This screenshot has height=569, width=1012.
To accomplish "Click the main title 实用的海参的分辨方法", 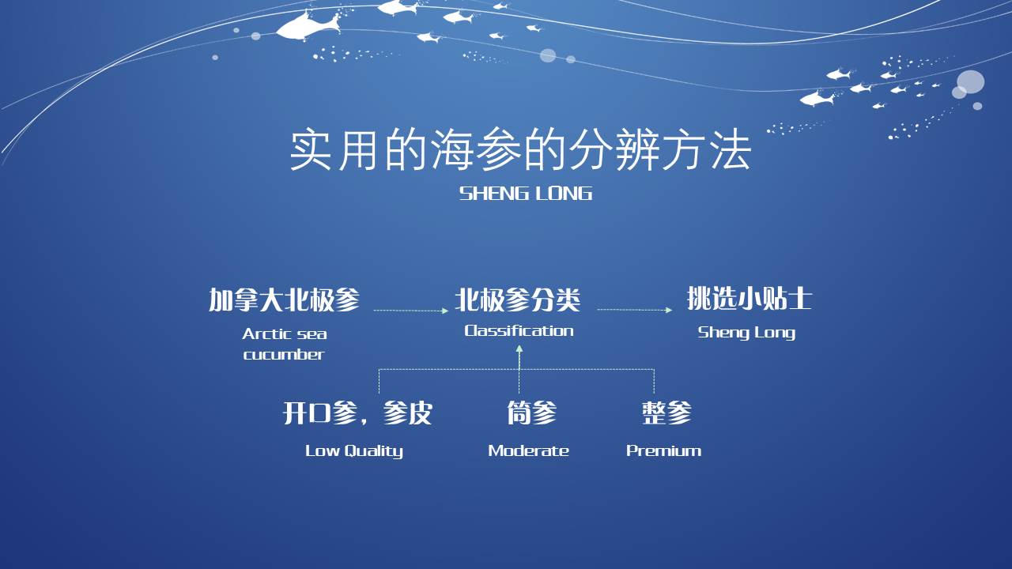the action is [x=520, y=149].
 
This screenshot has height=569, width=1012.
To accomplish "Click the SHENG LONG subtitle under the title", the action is [x=526, y=194].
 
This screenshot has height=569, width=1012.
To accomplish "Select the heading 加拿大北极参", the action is [x=284, y=300].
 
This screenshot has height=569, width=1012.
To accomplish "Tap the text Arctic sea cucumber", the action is [x=284, y=344].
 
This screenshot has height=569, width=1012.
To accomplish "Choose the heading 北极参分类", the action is [x=517, y=300].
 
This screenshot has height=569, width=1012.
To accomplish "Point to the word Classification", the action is [x=519, y=331].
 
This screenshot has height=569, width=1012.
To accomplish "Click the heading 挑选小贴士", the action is [x=750, y=299].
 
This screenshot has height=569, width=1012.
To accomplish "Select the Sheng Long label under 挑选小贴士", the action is [x=746, y=333].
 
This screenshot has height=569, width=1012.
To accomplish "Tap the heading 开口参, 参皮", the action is [x=357, y=413].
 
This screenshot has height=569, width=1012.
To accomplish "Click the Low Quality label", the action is [x=354, y=451].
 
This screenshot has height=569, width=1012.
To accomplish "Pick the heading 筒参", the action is [x=532, y=413].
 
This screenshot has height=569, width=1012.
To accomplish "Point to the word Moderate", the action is [x=529, y=450].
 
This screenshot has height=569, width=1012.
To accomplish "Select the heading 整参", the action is [x=666, y=413].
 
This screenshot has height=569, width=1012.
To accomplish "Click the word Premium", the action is [x=663, y=450].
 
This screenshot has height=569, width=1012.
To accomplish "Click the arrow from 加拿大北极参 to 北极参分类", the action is [x=411, y=311].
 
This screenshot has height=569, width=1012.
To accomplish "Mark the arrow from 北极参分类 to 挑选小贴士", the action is [x=635, y=310].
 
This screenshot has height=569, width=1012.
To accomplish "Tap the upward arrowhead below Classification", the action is [x=519, y=349].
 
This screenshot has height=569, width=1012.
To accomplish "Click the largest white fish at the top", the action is [x=308, y=27].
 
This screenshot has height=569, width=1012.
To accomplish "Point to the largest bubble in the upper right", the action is [x=970, y=81].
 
